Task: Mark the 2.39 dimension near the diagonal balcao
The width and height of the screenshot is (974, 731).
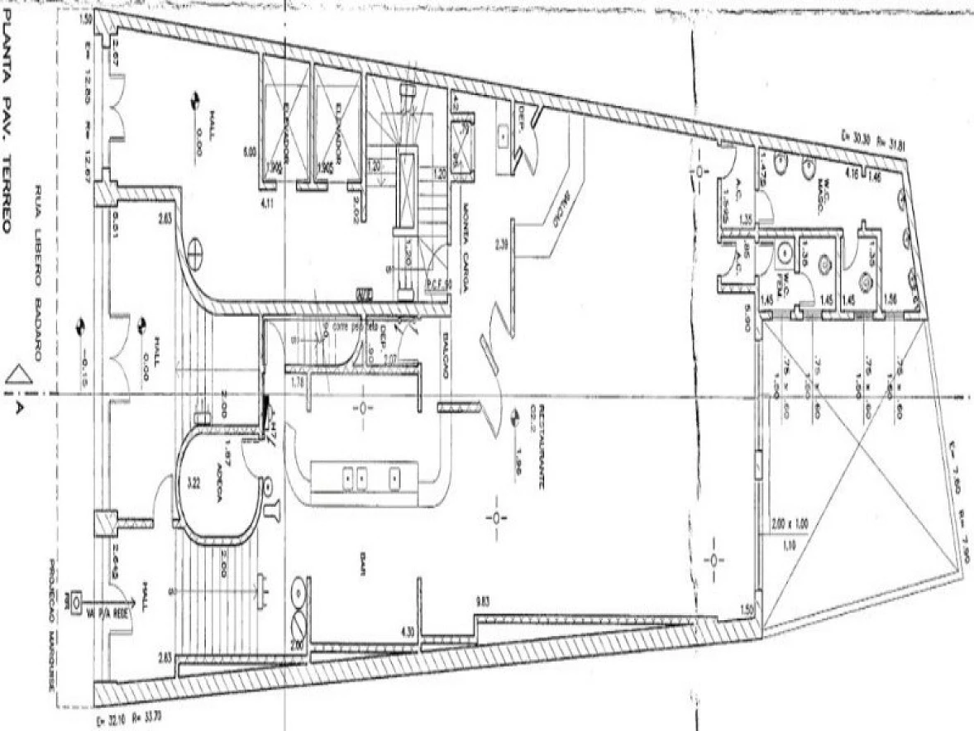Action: (x=500, y=243)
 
